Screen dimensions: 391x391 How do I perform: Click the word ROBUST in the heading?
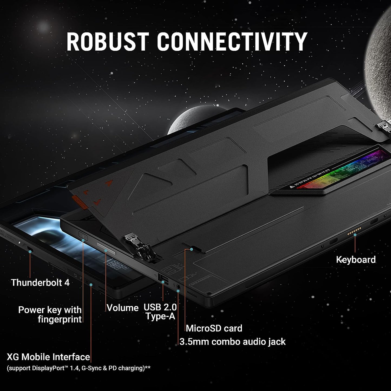click(108, 42)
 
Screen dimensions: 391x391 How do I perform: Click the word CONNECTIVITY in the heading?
click(232, 42)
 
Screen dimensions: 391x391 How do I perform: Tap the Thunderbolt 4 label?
click(40, 282)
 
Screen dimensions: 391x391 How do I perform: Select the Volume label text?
click(123, 308)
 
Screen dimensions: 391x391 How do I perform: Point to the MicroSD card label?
click(214, 328)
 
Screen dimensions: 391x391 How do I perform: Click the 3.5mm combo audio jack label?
click(232, 342)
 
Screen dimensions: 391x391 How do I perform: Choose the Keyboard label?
click(356, 259)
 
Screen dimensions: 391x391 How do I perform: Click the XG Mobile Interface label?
click(48, 357)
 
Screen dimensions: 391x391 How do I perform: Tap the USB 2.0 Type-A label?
click(160, 311)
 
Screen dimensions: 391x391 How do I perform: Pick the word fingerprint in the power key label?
click(60, 319)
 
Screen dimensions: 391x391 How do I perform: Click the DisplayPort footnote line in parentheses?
click(78, 368)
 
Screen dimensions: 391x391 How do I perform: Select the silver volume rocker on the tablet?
click(106, 249)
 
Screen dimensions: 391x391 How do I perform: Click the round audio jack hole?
click(178, 286)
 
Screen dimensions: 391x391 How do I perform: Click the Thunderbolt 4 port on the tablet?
click(29, 248)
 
